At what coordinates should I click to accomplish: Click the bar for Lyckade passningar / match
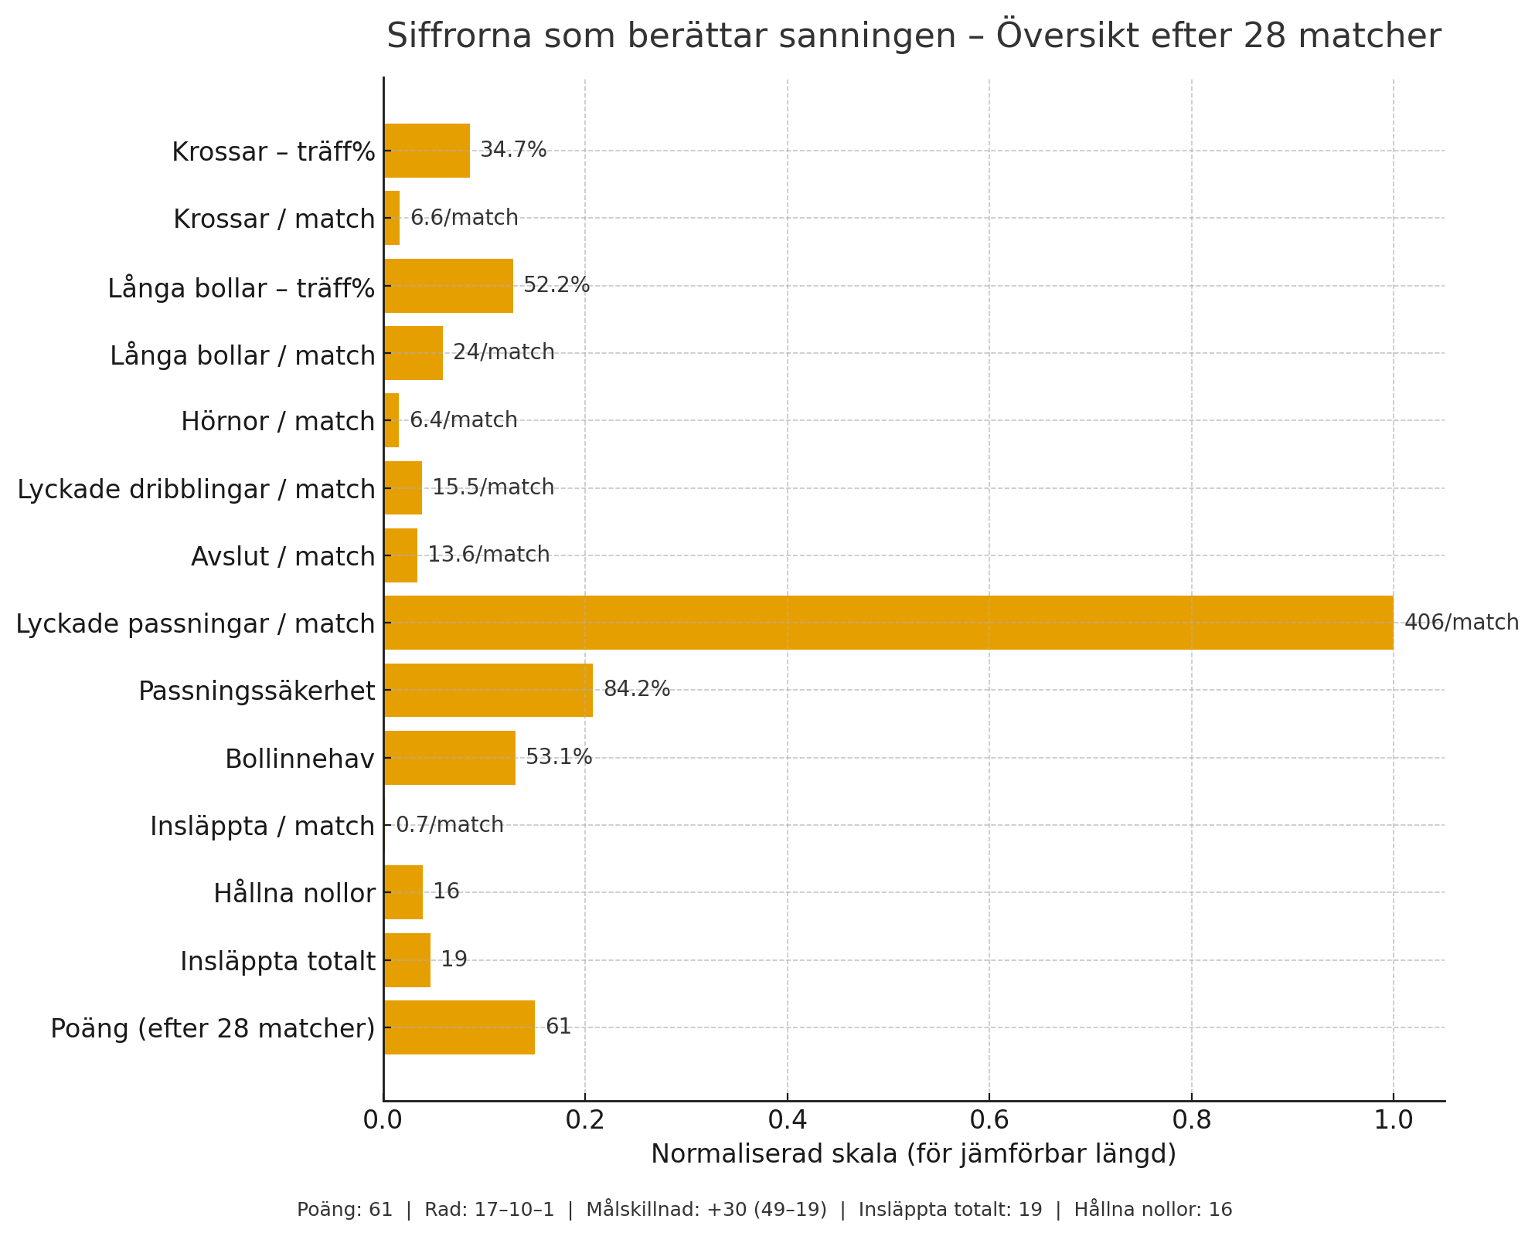point(888,623)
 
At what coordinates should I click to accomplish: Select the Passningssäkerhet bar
point(488,690)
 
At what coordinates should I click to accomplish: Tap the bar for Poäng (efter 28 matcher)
point(459,1027)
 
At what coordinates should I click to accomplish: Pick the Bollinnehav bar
point(450,758)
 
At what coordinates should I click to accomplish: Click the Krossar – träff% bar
point(427,151)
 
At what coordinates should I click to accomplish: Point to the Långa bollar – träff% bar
point(448,286)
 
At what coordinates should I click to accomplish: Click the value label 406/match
point(1461,623)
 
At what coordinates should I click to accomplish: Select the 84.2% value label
point(637,689)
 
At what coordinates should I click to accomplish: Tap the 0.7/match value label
point(450,825)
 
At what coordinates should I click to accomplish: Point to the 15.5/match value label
point(493,487)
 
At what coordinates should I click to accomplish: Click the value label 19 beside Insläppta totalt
point(454,959)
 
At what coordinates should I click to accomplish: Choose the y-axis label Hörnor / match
point(278,422)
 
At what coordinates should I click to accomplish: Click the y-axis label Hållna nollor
point(294,894)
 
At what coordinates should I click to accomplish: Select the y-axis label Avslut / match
point(283,556)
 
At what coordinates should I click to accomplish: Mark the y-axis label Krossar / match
point(274,219)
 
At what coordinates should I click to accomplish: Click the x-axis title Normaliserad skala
point(914,1154)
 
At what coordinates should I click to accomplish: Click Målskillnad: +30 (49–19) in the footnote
point(706,1210)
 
